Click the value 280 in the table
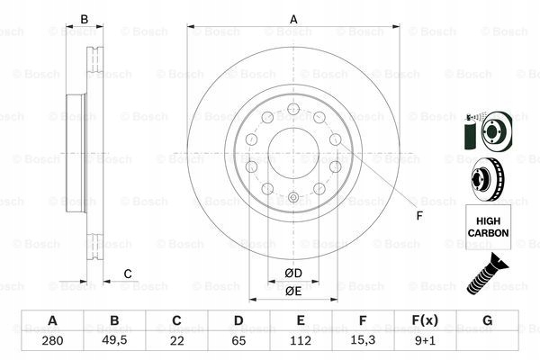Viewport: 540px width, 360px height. point(51,342)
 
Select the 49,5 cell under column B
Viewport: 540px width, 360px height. point(114,342)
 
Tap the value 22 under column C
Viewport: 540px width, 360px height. point(176,342)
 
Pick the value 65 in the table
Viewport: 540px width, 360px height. point(238,342)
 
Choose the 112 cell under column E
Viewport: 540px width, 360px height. point(301,342)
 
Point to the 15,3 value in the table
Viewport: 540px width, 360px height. point(364,342)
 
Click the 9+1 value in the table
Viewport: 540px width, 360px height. point(426,342)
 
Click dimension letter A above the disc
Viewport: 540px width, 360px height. point(292,20)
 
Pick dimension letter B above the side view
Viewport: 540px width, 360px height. point(85,20)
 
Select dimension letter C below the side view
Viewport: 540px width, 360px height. point(128,274)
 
